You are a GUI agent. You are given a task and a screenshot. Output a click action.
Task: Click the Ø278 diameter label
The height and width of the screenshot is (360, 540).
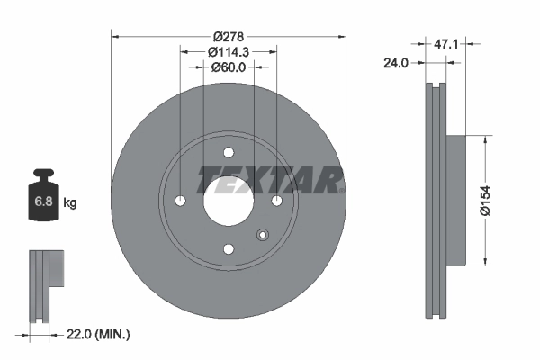click(229, 37)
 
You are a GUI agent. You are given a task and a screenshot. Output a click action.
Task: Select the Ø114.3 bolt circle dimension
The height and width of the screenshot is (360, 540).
click(229, 52)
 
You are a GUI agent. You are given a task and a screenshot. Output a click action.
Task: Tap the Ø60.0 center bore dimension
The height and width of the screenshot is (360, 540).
click(229, 67)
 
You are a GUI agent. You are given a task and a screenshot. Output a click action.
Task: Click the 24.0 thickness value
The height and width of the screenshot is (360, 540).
click(396, 63)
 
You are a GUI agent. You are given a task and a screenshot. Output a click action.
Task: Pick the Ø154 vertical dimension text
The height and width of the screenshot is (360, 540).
click(487, 200)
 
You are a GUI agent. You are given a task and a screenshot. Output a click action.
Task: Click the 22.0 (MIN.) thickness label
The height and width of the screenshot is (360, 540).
click(99, 334)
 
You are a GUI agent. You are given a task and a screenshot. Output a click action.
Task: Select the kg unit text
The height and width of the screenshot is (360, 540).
click(70, 203)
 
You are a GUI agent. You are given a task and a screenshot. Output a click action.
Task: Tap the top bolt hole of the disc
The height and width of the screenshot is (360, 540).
click(229, 151)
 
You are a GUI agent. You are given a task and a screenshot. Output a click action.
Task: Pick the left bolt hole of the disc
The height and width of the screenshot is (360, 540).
click(180, 200)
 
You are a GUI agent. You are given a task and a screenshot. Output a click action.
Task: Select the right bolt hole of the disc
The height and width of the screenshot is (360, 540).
click(276, 200)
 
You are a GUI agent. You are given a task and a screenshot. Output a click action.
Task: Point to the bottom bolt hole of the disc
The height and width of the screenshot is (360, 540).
click(229, 248)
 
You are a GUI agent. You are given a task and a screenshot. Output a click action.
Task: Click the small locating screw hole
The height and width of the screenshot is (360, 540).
click(262, 236)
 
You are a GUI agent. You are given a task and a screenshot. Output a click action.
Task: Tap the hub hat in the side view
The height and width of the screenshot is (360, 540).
click(458, 200)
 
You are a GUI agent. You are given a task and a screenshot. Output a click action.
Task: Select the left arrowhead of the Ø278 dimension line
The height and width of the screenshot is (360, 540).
click(114, 37)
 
